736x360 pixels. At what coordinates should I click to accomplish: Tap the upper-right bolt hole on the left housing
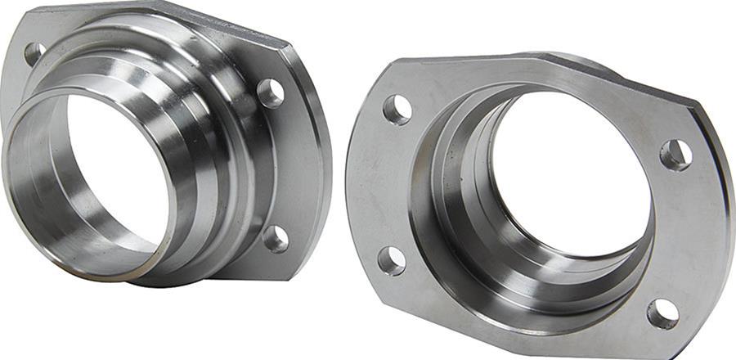[x=270, y=93]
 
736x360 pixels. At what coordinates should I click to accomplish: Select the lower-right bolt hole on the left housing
[x=276, y=239]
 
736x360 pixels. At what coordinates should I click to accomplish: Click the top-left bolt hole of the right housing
[x=397, y=110]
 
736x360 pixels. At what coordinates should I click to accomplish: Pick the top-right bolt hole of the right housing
[x=675, y=155]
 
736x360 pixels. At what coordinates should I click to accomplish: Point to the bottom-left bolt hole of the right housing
[x=392, y=260]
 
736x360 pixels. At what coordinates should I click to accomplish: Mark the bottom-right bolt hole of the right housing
[x=662, y=313]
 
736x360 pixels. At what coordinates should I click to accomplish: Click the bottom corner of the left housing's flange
[x=237, y=274]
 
